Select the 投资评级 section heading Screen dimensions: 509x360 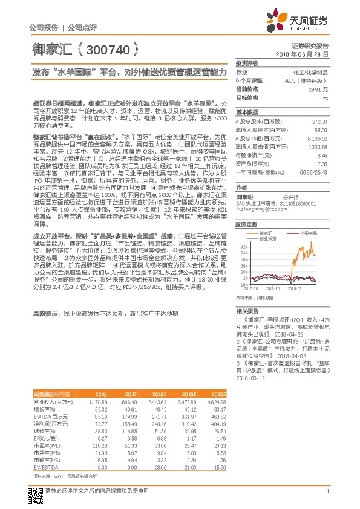(x=247, y=63)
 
